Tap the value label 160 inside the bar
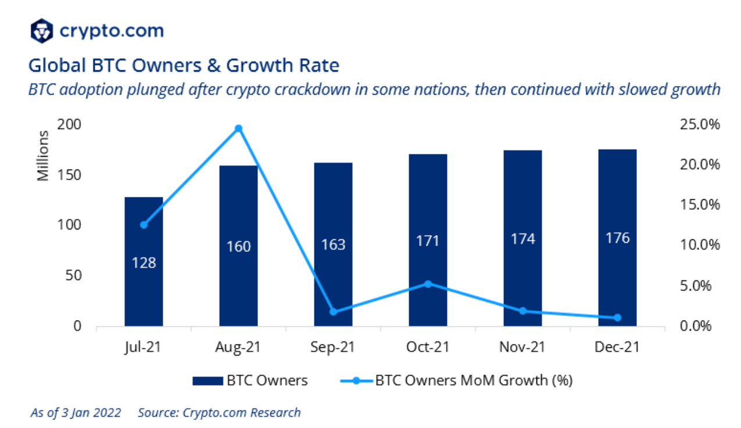[238, 247]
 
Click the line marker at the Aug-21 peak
[238, 128]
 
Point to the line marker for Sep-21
[333, 312]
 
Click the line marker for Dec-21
[617, 318]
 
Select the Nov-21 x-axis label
[522, 347]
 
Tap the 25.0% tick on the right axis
[699, 125]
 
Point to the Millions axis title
[43, 156]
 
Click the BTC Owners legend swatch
[207, 381]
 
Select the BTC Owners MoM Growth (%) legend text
[474, 381]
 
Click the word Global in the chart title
[55, 66]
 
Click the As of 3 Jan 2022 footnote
[76, 413]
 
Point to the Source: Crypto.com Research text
[219, 413]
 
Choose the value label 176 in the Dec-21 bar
[617, 238]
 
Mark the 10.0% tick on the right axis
[699, 245]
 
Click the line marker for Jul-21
[144, 225]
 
